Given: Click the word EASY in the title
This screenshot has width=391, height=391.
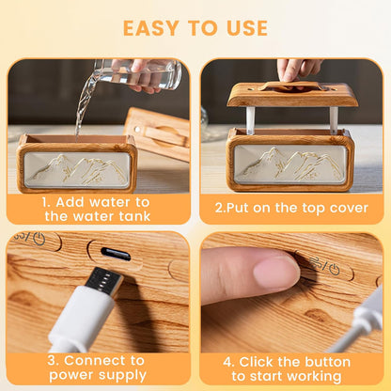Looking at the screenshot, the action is [151, 28].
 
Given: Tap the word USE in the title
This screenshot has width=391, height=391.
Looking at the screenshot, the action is [247, 28].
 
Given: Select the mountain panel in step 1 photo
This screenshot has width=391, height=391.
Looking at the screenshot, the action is [77, 170].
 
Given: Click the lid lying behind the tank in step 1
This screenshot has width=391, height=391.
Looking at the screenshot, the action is [157, 133].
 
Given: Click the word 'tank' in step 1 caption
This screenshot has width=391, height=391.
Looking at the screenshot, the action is [134, 216].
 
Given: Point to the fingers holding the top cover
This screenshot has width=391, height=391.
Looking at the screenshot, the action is [298, 70].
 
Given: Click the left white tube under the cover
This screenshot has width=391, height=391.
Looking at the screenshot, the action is [250, 120].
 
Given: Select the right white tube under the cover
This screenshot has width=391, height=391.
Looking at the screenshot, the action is [334, 120].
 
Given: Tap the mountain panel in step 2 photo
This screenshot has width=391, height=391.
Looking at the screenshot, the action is [290, 164].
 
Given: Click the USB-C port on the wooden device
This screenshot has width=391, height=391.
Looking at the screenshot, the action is [116, 254].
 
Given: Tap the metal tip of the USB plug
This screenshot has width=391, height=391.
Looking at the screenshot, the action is [104, 281].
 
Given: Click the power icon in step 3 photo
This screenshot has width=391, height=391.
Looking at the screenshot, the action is [39, 239].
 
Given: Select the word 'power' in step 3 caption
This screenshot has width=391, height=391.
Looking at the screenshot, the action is [67, 375].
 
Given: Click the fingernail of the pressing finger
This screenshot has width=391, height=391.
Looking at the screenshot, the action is [275, 271].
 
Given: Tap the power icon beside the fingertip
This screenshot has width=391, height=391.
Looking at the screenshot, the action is [335, 269].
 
